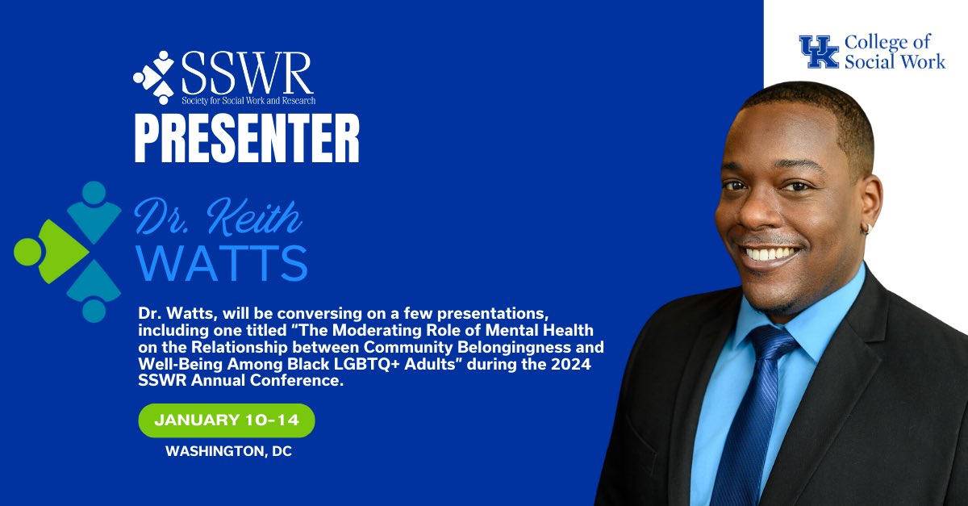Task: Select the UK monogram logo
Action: click(x=818, y=52)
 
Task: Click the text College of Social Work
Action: click(x=894, y=52)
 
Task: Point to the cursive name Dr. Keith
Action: click(x=218, y=215)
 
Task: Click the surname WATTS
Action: click(x=221, y=261)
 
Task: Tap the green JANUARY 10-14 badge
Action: click(x=226, y=420)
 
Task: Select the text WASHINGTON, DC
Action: click(x=228, y=452)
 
